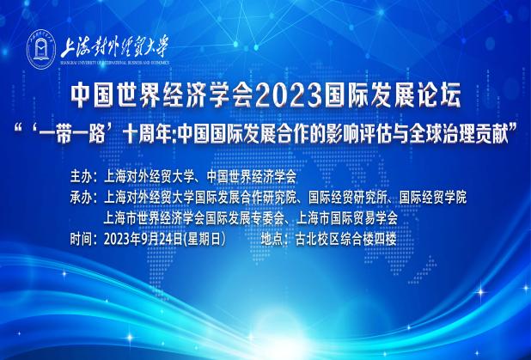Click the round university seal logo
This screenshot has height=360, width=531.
click(x=41, y=49)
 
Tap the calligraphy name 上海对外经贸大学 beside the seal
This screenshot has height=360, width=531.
click(x=114, y=48)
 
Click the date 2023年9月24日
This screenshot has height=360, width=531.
click(x=143, y=240)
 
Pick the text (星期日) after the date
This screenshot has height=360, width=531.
click(x=204, y=240)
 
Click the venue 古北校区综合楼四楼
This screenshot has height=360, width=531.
click(x=345, y=240)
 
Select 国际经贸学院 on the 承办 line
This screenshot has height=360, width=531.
click(x=433, y=198)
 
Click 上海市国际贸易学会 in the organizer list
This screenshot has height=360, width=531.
click(x=347, y=219)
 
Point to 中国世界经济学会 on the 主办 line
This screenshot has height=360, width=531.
click(x=251, y=177)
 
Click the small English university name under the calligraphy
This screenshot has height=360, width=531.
click(x=114, y=63)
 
